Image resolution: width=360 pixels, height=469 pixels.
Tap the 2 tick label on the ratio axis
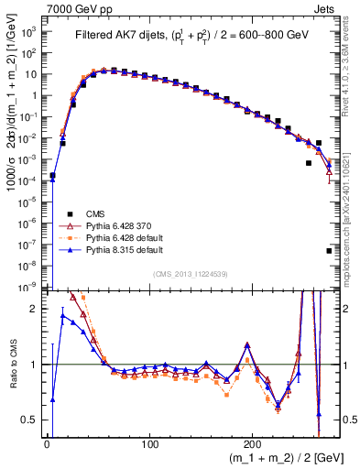pyautogui.click(x=35, y=309)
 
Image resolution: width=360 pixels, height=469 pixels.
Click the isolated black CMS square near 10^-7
pyautogui.click(x=329, y=250)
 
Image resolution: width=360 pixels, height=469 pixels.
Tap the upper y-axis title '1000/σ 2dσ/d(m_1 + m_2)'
pyautogui.click(x=11, y=137)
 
